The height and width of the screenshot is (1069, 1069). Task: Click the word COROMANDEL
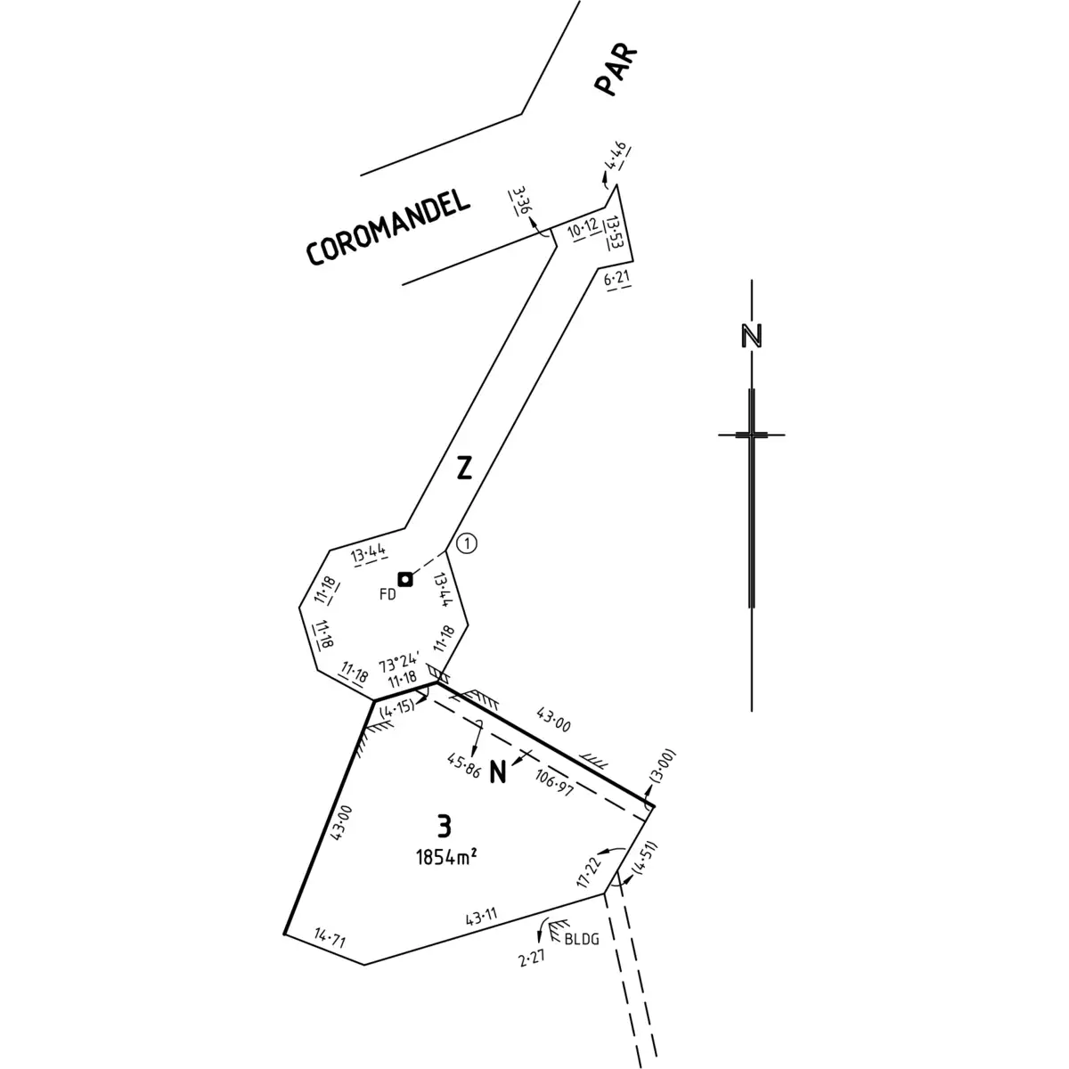click(388, 227)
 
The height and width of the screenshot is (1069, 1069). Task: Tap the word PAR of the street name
click(616, 71)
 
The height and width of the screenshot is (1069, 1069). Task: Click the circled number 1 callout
click(467, 543)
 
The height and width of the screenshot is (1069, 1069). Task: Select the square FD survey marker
click(405, 580)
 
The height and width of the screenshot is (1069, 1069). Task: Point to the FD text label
click(388, 594)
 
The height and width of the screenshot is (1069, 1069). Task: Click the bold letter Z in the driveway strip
click(464, 467)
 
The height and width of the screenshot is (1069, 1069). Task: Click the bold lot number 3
click(444, 826)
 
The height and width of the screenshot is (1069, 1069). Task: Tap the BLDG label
click(582, 939)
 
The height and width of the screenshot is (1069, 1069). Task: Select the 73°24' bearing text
click(399, 664)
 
